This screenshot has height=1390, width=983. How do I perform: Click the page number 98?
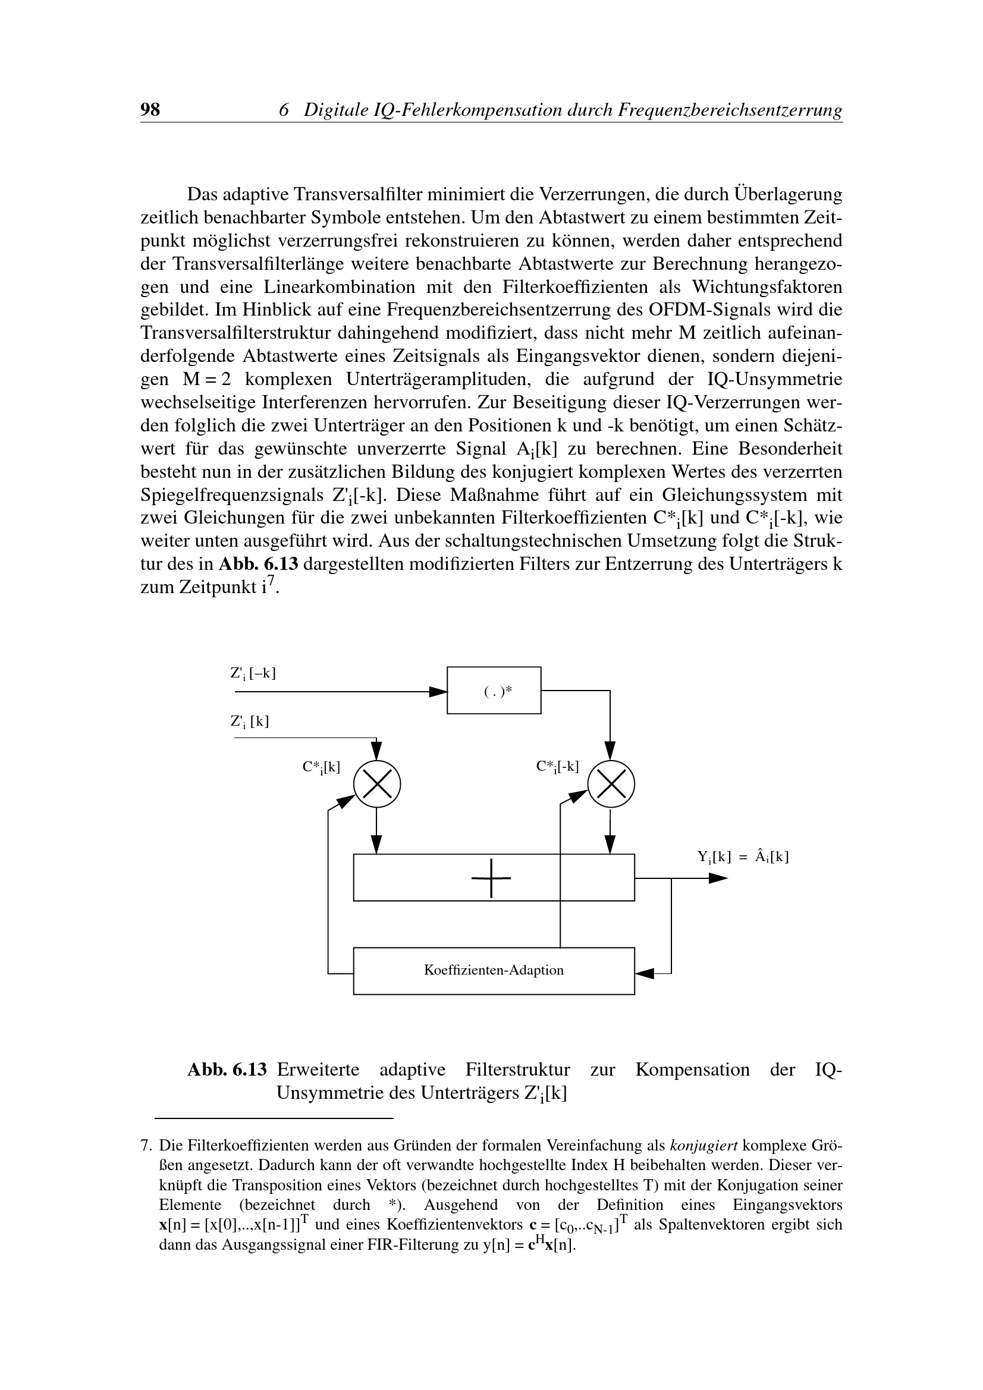[150, 109]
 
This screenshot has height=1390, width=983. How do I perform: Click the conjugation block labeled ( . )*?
[494, 690]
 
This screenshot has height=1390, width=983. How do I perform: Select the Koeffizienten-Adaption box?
[494, 970]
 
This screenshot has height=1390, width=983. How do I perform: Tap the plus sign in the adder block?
[491, 878]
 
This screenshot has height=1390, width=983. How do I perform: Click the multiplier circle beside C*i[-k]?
[611, 784]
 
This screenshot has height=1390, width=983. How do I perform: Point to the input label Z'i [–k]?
[253, 673]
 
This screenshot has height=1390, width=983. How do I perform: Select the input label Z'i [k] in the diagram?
[249, 721]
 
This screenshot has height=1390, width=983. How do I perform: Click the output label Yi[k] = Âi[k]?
[743, 857]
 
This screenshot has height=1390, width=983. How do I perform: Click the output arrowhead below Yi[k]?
[718, 878]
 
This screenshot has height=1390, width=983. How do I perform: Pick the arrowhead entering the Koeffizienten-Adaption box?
[645, 973]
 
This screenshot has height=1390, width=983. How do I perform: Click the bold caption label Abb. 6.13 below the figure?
[227, 1070]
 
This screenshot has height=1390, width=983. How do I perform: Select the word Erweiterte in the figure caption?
[318, 1070]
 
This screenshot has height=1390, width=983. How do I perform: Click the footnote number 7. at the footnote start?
[146, 1145]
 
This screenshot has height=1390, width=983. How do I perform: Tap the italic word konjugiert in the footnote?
[703, 1145]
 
